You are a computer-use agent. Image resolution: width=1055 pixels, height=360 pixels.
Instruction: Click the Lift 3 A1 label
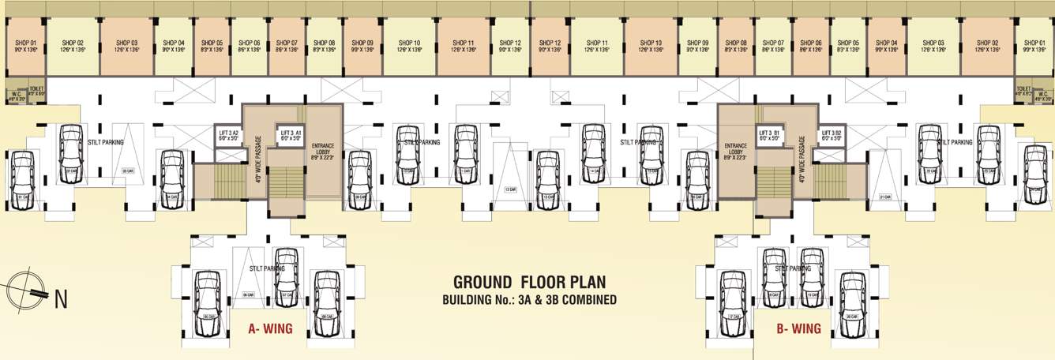pyautogui.click(x=289, y=134)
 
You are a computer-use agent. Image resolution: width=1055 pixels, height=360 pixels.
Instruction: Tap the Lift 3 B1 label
pyautogui.click(x=769, y=134)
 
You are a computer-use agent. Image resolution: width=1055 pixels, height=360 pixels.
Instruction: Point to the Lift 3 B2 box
pyautogui.click(x=831, y=134)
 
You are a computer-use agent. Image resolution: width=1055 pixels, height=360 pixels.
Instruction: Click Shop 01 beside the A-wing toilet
pyautogui.click(x=17, y=46)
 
